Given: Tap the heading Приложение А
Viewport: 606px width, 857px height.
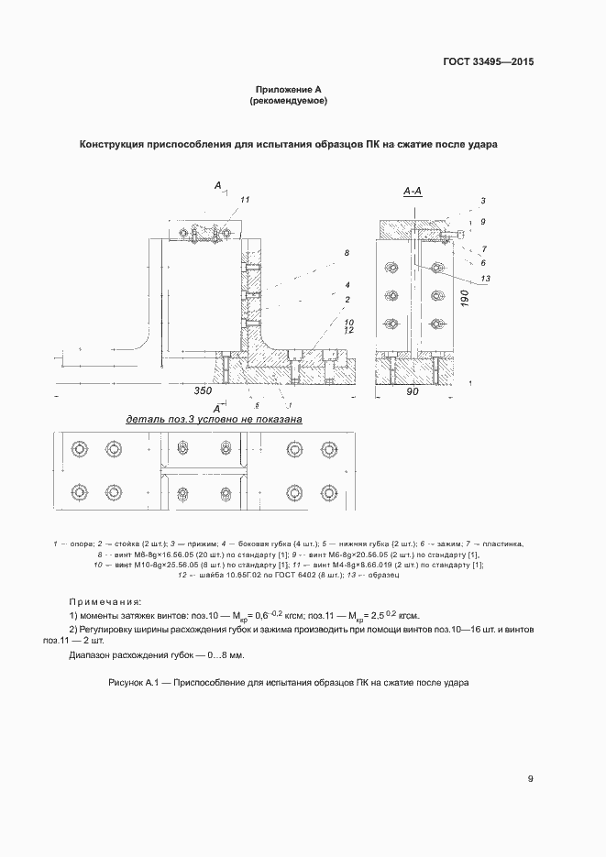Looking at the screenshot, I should coord(289,90).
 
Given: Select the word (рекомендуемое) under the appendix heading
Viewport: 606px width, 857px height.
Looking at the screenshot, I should coord(289,101).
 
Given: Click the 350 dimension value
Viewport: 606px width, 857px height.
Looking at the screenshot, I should coord(204,391).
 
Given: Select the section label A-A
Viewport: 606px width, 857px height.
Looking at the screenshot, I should coord(413,192).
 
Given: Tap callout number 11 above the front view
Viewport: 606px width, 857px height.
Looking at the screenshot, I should coord(245,199).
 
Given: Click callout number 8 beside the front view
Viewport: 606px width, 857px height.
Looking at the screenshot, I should coord(347,252).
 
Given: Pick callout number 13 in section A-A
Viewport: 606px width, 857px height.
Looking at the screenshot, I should coord(486,279).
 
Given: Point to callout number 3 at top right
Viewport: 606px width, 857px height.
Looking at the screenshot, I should coord(482,200).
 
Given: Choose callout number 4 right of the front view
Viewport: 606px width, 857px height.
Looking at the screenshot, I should coord(347,285).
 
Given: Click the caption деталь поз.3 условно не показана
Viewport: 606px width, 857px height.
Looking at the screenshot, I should coord(214,419).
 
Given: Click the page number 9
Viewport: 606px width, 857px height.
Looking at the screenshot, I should coord(531,779).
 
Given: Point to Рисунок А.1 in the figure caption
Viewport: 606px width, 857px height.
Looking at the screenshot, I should coord(136,684).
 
